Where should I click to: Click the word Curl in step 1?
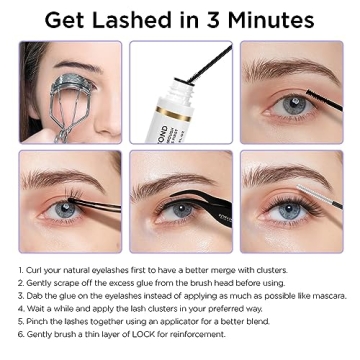click(36, 270)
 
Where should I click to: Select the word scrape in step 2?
click(63, 283)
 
